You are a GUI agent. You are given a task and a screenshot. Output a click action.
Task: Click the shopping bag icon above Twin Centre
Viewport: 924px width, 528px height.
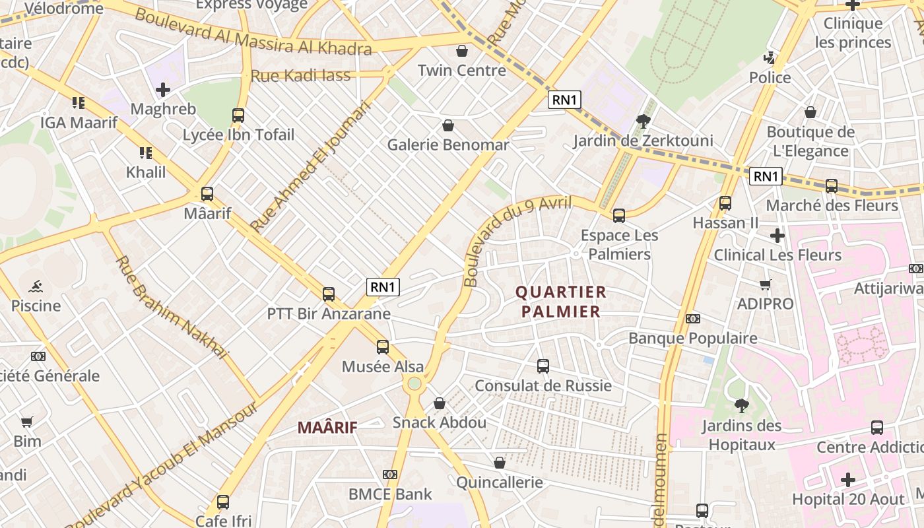click(462, 51)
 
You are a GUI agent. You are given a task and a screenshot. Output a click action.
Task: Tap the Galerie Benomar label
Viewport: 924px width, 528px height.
click(448, 145)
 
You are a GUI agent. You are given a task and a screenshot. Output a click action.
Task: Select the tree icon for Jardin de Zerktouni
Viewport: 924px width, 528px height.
click(643, 121)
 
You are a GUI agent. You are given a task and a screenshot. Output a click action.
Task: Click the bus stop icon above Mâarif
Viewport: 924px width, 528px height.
click(207, 194)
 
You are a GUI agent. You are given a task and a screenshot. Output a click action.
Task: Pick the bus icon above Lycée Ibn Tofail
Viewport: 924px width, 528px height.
click(238, 115)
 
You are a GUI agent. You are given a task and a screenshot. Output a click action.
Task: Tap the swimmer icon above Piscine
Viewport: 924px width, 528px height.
click(36, 286)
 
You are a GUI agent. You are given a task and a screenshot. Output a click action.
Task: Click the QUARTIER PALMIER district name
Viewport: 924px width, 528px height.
click(561, 302)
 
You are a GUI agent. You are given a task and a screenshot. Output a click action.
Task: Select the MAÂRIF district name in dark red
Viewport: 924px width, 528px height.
click(327, 428)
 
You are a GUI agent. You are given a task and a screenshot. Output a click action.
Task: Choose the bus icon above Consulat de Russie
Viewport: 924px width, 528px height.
click(543, 366)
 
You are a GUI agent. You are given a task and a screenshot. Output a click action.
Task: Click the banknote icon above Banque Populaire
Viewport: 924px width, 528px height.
click(693, 319)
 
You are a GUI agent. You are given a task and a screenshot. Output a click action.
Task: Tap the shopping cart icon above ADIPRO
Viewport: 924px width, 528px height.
click(765, 284)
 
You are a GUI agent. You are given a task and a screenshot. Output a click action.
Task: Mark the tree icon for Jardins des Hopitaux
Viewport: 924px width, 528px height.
click(741, 405)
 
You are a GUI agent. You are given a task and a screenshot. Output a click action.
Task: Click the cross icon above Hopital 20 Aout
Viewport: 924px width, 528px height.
click(848, 480)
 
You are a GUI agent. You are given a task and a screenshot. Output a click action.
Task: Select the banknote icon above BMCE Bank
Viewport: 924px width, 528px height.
click(390, 475)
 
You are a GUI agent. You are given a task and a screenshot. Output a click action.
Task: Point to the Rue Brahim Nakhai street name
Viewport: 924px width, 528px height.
click(171, 308)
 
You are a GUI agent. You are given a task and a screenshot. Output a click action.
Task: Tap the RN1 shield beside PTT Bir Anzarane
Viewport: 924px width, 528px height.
click(383, 287)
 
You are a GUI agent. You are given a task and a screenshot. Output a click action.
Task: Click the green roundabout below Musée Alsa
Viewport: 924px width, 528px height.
click(414, 383)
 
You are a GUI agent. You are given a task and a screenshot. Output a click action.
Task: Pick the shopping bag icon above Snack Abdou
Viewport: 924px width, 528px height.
click(440, 403)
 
